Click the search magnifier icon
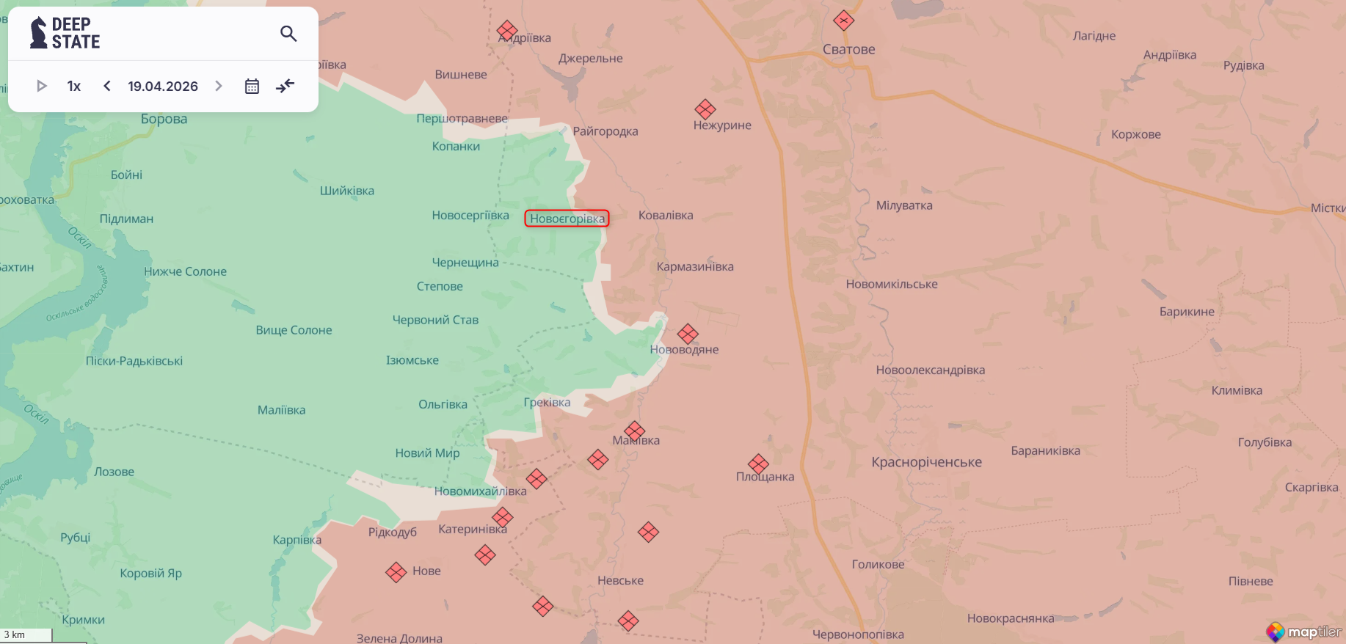288,34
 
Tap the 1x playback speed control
73,87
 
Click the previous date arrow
107,87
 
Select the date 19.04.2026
163,87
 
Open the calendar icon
252,87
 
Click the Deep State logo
65,34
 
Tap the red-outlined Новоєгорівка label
567,219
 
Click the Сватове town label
848,50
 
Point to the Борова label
164,119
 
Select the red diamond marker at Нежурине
705,109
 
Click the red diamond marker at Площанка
758,464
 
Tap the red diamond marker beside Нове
396,572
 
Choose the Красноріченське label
926,462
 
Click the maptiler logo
1304,632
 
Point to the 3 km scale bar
26,635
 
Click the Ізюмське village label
412,360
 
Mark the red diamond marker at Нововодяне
688,334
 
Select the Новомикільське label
891,284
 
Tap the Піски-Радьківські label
134,361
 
